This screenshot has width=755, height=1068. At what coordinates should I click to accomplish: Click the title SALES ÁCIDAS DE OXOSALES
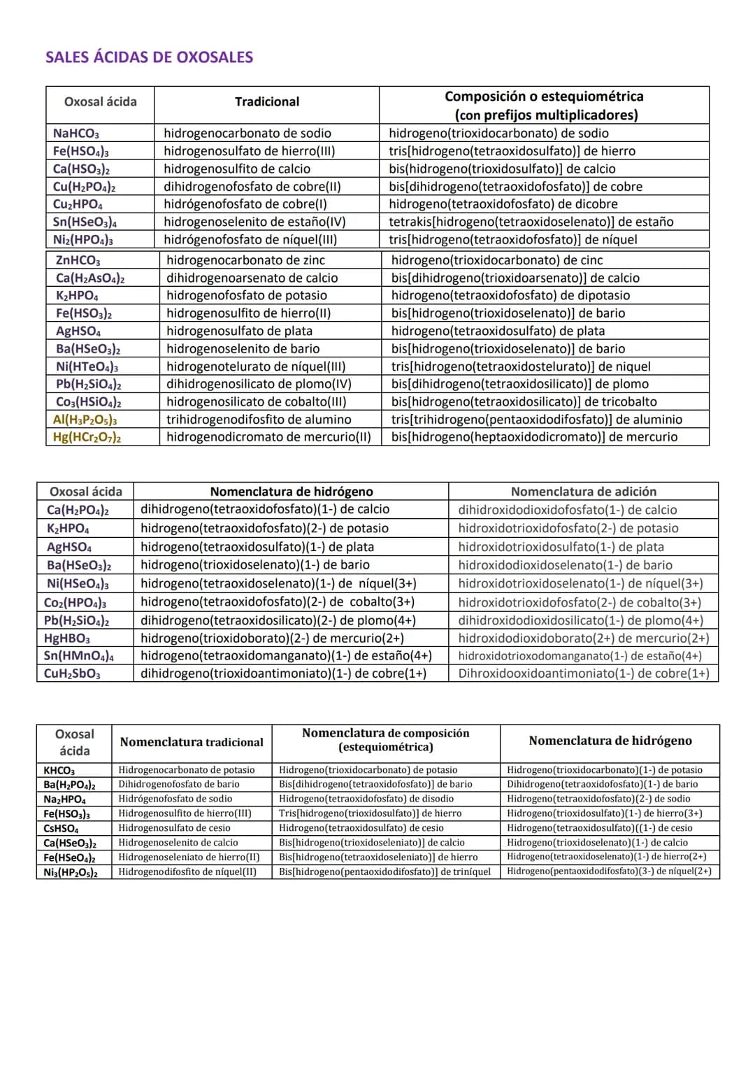click(149, 57)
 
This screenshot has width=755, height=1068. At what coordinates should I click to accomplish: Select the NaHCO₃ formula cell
click(76, 134)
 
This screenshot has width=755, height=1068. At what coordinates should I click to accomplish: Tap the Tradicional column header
click(266, 102)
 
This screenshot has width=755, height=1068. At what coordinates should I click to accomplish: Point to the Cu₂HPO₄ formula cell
click(78, 204)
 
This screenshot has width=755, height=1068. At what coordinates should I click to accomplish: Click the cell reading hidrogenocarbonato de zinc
click(245, 260)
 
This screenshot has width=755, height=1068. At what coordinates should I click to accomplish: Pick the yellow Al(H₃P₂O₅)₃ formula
click(85, 420)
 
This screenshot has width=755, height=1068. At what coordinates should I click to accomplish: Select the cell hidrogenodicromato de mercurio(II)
click(268, 437)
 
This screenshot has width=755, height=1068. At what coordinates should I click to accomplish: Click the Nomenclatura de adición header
click(583, 492)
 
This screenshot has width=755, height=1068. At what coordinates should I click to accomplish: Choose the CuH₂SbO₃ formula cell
click(72, 674)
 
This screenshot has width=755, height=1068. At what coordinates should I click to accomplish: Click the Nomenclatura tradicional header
click(192, 742)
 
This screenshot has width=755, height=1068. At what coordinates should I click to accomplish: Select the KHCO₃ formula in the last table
click(59, 770)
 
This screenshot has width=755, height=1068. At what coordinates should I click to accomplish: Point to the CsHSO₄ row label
click(61, 828)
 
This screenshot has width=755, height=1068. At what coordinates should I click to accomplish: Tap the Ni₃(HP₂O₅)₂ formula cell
click(71, 872)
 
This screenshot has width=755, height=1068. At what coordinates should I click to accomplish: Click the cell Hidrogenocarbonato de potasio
click(187, 770)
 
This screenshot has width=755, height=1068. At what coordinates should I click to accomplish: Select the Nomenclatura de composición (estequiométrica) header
click(385, 740)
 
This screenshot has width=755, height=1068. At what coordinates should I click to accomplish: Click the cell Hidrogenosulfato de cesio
click(174, 828)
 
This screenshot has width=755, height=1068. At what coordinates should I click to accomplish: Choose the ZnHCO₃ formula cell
click(78, 261)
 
